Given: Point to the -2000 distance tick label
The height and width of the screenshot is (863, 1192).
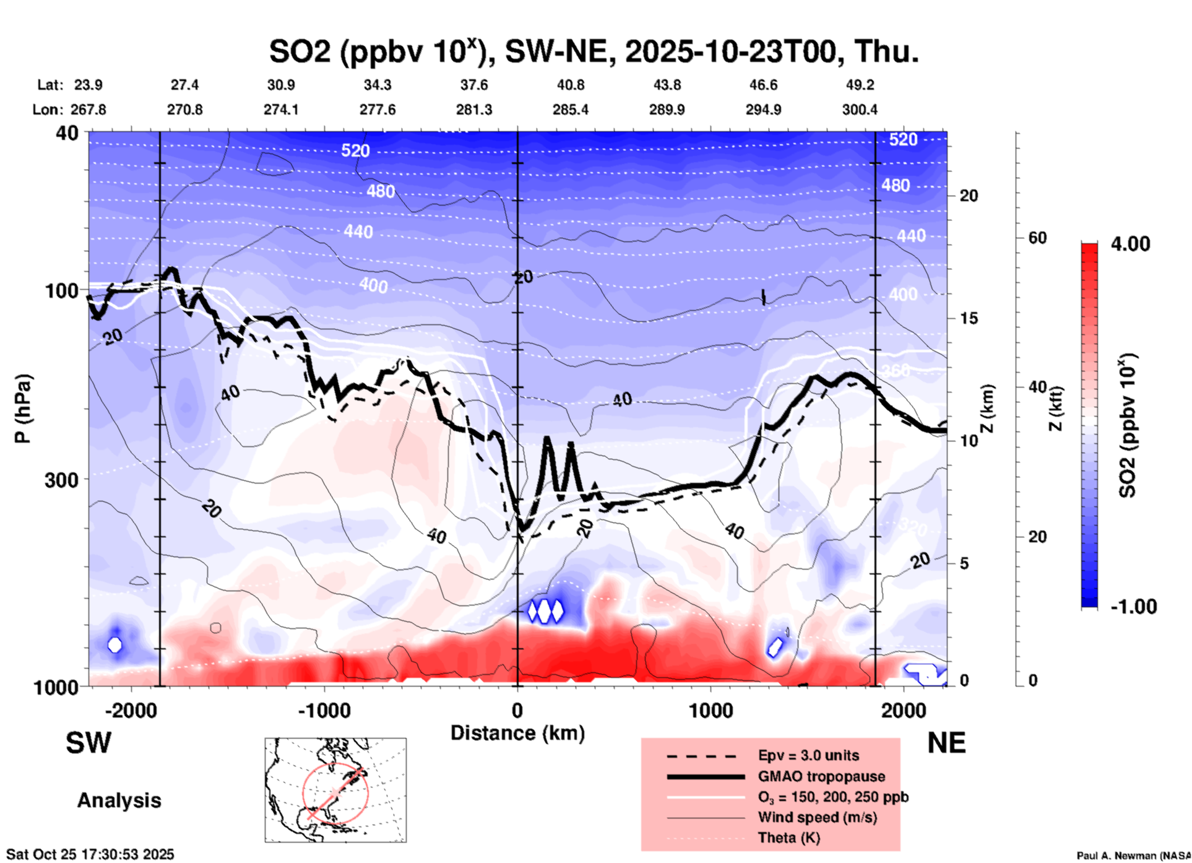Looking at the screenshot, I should tap(131, 710).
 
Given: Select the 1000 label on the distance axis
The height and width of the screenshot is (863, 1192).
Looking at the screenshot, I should tap(710, 710).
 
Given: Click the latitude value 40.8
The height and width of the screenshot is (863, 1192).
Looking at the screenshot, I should tap(570, 85).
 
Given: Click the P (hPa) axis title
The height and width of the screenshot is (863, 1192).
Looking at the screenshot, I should tap(23, 408).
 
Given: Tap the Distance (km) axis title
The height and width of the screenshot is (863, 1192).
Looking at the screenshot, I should tap(517, 733).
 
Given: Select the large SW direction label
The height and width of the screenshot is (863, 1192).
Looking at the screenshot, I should tap(89, 743).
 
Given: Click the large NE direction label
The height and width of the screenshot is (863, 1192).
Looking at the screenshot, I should tap(946, 743).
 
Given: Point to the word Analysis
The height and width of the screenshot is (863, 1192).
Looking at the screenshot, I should tap(119, 800).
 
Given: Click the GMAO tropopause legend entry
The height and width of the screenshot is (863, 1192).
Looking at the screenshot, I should tap(821, 776).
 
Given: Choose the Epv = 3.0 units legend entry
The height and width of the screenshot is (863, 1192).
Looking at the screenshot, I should tap(808, 755).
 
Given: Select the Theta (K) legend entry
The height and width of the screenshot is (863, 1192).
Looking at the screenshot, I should tap(788, 838).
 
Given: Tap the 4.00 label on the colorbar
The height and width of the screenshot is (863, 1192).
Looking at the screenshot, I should tap(1130, 244).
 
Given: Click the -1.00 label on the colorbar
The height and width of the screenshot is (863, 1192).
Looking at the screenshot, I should tap(1133, 607).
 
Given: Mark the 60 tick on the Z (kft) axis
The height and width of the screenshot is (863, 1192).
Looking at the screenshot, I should tap(1037, 238).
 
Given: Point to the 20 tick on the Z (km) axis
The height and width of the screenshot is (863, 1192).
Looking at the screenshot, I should tap(969, 196).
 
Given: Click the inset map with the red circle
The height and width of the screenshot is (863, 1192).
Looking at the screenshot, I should tap(335, 789).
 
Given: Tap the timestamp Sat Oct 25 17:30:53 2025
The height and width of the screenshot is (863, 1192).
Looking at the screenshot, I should tap(90, 854).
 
